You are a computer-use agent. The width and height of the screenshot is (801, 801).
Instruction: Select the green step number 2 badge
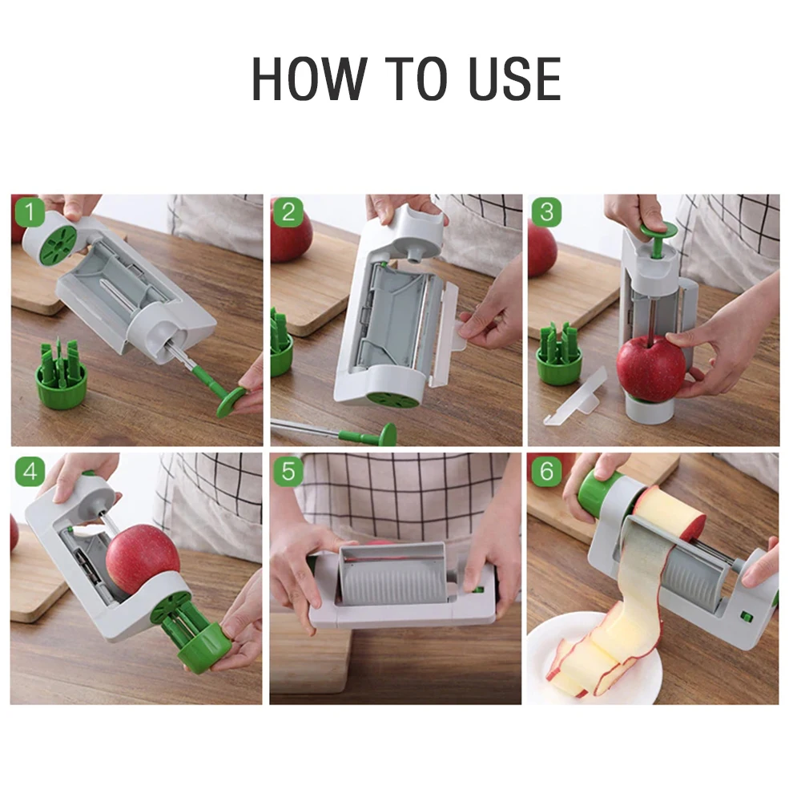pyautogui.click(x=288, y=213)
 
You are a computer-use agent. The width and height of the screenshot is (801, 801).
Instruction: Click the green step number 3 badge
pyautogui.click(x=546, y=213)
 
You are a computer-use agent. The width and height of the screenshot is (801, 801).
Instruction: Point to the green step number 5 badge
pyautogui.click(x=288, y=472)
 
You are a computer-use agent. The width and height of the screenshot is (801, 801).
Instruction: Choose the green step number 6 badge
pyautogui.click(x=546, y=472)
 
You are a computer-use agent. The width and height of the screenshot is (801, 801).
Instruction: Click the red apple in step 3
pyautogui.click(x=650, y=368)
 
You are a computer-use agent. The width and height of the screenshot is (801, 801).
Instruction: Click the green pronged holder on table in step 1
pyautogui.click(x=62, y=377)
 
